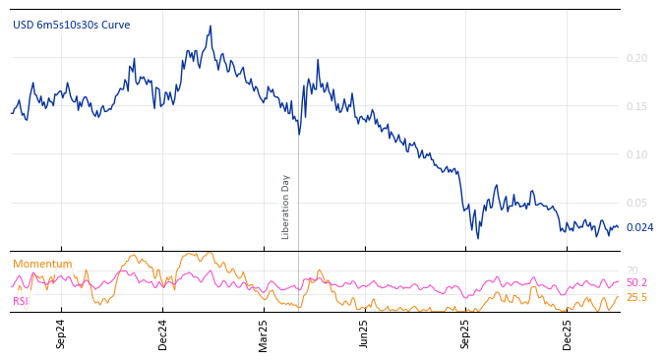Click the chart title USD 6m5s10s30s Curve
(71, 26)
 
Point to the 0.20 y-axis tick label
(636, 59)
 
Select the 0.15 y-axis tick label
(636, 107)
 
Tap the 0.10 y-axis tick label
(636, 155)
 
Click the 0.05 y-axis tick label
(636, 204)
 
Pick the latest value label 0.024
(639, 228)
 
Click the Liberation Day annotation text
(286, 207)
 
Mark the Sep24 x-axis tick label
(61, 333)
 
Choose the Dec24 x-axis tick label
(163, 333)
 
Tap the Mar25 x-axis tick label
(264, 333)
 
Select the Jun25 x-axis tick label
(364, 333)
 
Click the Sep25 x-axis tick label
(465, 333)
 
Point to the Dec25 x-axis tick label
(568, 333)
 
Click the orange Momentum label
(42, 265)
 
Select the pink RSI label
(21, 302)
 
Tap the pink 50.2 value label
(636, 283)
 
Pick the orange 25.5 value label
(636, 297)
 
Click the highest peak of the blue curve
(211, 27)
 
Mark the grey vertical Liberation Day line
(298, 128)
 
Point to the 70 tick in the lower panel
(632, 270)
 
